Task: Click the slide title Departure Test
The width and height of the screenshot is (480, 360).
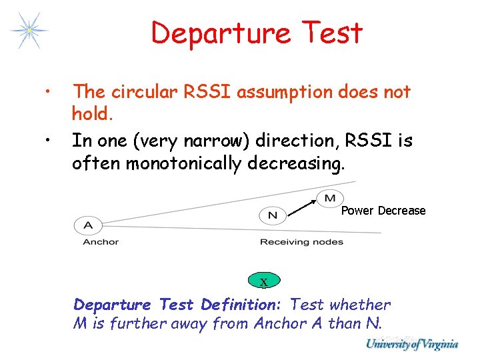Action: coord(256,33)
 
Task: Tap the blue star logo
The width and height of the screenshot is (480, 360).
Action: coord(29,30)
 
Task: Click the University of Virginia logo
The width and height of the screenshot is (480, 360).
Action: coord(411,344)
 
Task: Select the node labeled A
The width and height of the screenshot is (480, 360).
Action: coord(87,225)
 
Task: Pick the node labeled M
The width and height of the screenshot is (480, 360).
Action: coord(330,197)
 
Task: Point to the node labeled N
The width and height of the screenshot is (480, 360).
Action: coord(272,215)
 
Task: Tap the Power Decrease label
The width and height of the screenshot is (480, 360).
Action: coord(383,211)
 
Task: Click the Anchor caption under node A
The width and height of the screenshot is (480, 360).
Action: coord(101,242)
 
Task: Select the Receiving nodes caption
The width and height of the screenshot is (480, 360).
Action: coord(301,242)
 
